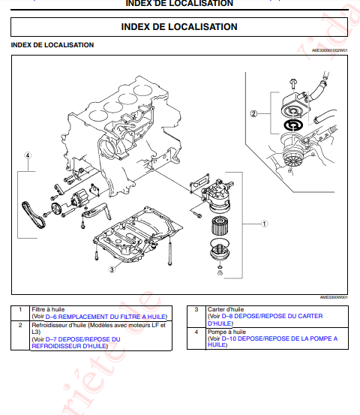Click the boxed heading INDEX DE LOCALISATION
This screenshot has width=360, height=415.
tap(179, 27)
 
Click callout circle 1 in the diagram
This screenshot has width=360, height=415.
tap(264, 223)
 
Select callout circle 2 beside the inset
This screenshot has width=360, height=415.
tap(253, 114)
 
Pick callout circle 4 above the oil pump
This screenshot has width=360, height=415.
tap(27, 156)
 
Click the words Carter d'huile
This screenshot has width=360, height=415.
tap(226, 309)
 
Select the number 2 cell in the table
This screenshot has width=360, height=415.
tap(20, 325)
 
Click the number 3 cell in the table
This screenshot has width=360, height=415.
tap(196, 309)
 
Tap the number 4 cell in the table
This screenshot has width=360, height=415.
tap(196, 332)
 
